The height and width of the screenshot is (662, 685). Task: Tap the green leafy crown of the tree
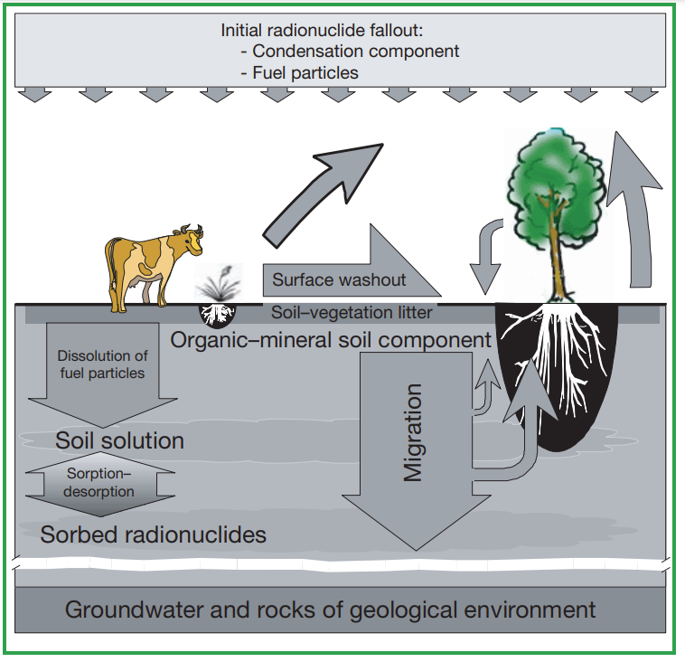pyautogui.click(x=554, y=185)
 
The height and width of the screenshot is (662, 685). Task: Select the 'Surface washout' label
pyautogui.click(x=339, y=279)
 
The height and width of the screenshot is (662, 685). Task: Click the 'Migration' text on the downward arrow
pyautogui.click(x=412, y=433)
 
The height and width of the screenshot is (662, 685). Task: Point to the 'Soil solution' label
pyautogui.click(x=119, y=440)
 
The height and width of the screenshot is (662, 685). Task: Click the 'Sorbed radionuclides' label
pyautogui.click(x=153, y=534)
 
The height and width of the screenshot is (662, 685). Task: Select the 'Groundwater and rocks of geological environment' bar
pyautogui.click(x=330, y=609)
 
